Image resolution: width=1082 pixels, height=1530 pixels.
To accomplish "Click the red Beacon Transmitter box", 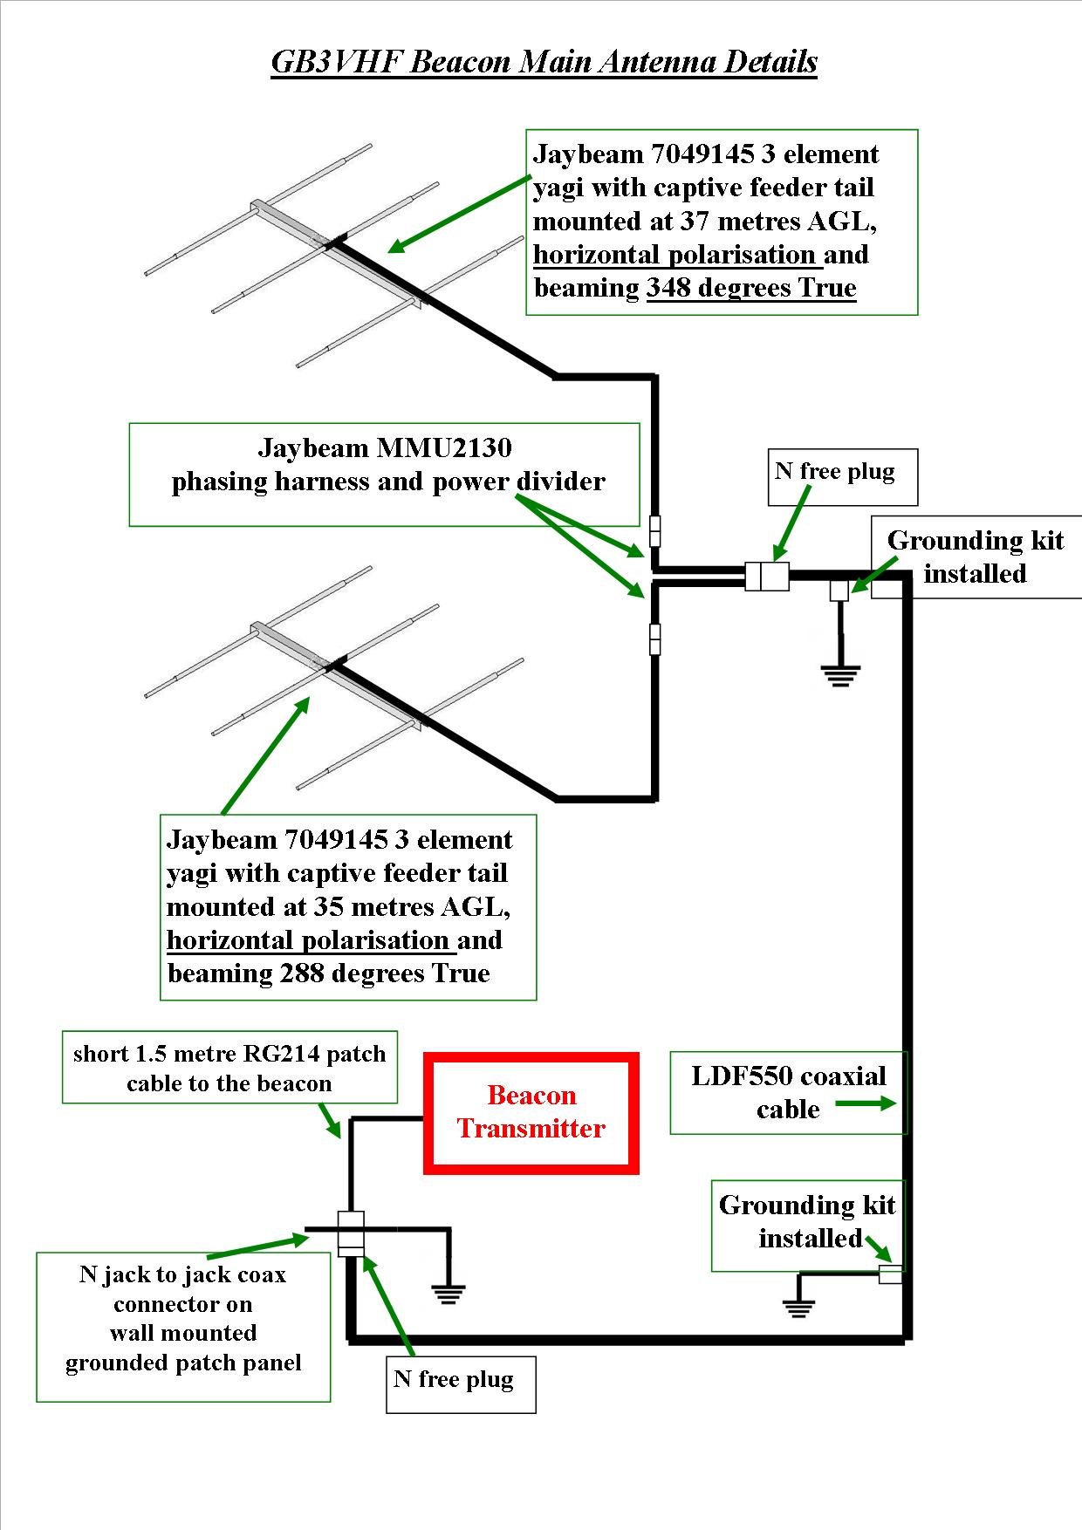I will pyautogui.click(x=531, y=1112).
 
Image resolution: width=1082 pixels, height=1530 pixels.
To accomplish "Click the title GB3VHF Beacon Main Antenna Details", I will pyautogui.click(x=544, y=62).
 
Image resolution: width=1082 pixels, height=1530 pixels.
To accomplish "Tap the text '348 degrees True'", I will pyautogui.click(x=751, y=288).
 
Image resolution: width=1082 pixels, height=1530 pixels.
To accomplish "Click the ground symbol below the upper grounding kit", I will pyautogui.click(x=840, y=675).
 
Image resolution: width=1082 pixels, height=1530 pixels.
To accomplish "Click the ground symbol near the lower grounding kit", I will pyautogui.click(x=798, y=1307).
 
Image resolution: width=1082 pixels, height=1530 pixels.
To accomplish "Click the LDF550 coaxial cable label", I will pyautogui.click(x=787, y=1092).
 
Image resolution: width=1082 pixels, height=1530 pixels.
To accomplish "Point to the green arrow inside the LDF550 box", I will pyautogui.click(x=865, y=1103).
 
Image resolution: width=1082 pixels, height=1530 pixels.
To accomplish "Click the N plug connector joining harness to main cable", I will pyautogui.click(x=767, y=577).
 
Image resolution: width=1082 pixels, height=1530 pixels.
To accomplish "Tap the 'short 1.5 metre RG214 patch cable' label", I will pyautogui.click(x=229, y=1068).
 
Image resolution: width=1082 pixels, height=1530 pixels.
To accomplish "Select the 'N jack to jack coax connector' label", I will pyautogui.click(x=183, y=1318).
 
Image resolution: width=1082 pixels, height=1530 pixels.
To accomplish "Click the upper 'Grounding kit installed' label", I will pyautogui.click(x=975, y=557).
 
